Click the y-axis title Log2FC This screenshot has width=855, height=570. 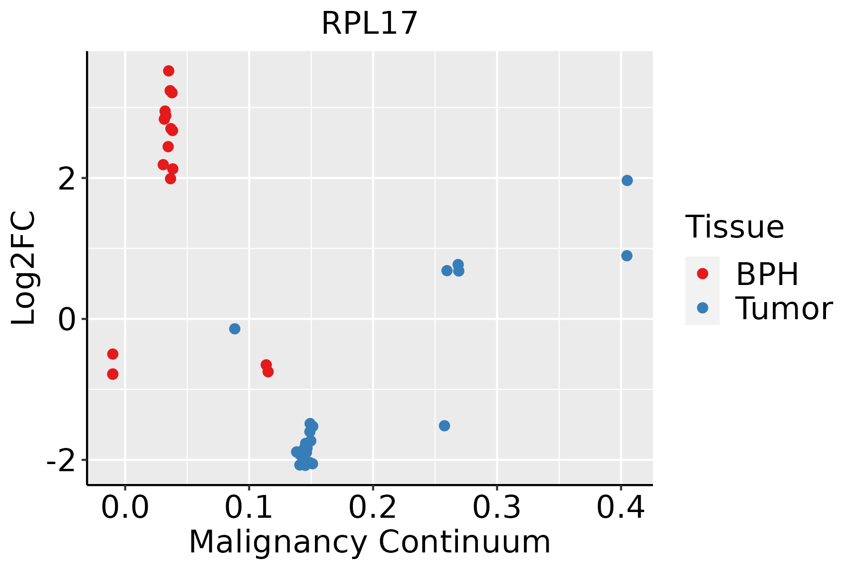point(24,268)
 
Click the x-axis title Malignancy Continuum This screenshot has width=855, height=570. point(370,542)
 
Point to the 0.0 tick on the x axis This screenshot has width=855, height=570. point(125,508)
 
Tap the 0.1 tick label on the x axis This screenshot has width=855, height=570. point(249,508)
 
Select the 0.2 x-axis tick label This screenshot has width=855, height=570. point(373,508)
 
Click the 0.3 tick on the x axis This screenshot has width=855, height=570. point(497,508)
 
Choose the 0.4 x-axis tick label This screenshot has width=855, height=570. point(620,508)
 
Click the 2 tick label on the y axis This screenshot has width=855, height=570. point(68,179)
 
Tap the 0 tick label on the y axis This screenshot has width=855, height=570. point(68,320)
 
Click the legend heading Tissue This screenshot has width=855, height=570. point(735,227)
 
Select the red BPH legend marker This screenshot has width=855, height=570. point(702,274)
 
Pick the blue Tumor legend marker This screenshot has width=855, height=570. point(702,308)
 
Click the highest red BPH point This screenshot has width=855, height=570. point(169,71)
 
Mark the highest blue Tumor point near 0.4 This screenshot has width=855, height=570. point(627,180)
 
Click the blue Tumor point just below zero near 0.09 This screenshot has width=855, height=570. point(235,329)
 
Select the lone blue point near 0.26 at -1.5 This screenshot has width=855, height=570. point(445,426)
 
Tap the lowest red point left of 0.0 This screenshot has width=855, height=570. point(113,374)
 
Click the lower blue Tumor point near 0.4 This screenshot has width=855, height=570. point(627,256)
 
